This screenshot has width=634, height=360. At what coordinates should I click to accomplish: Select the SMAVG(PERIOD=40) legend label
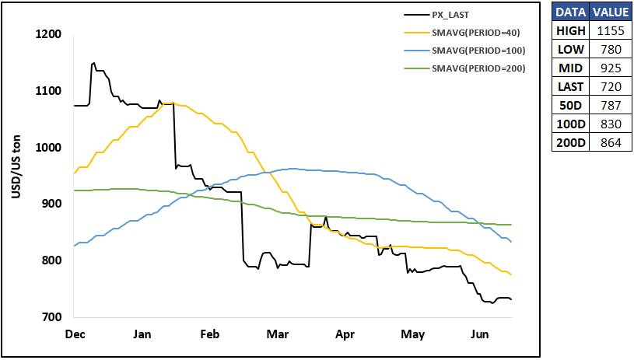476,33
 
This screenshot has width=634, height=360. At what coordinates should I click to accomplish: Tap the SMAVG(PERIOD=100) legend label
478,51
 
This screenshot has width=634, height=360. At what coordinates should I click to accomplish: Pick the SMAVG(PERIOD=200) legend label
478,68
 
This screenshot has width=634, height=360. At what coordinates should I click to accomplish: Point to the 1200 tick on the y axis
48,34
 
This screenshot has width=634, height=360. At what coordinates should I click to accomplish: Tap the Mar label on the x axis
278,334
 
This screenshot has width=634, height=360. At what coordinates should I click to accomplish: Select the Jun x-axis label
480,334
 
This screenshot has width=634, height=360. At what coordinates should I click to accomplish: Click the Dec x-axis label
75,334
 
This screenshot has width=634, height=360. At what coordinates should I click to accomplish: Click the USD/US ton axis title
16,167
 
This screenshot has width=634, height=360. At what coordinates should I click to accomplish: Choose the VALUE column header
611,12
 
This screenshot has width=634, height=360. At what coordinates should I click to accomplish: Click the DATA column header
570,12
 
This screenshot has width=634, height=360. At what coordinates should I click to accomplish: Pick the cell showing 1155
611,30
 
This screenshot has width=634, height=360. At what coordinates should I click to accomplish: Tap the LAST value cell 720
611,86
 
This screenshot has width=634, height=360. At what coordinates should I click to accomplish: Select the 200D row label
570,142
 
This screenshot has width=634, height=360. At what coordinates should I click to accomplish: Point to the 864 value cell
611,142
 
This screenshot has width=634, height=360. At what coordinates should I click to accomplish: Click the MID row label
570,68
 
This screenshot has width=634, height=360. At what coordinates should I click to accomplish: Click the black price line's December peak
94,63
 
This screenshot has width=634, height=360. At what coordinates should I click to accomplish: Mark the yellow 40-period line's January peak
173,103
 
